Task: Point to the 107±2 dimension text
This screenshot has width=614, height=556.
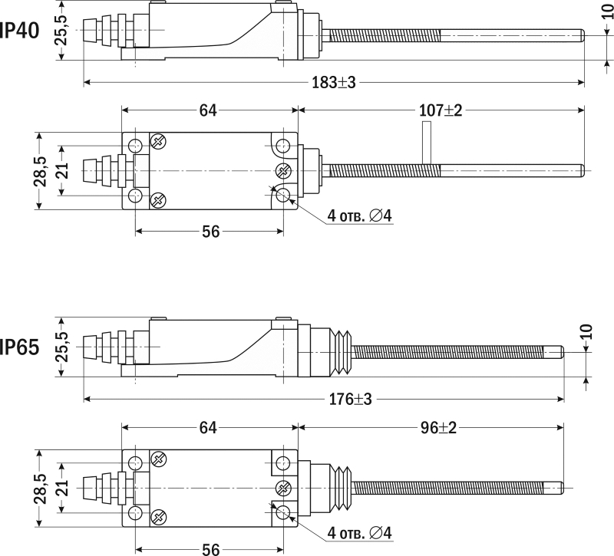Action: [x=441, y=110]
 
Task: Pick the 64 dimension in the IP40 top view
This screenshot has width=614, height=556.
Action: [x=207, y=110]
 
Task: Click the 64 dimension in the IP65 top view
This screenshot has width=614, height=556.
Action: [x=207, y=427]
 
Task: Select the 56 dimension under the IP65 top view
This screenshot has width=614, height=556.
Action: [x=208, y=548]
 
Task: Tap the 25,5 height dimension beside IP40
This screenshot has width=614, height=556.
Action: [x=61, y=31]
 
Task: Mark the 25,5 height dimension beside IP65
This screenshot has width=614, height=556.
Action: [x=61, y=347]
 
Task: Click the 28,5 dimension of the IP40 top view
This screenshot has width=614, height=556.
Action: [x=40, y=170]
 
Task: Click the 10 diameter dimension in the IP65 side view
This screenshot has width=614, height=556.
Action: [x=587, y=331]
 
